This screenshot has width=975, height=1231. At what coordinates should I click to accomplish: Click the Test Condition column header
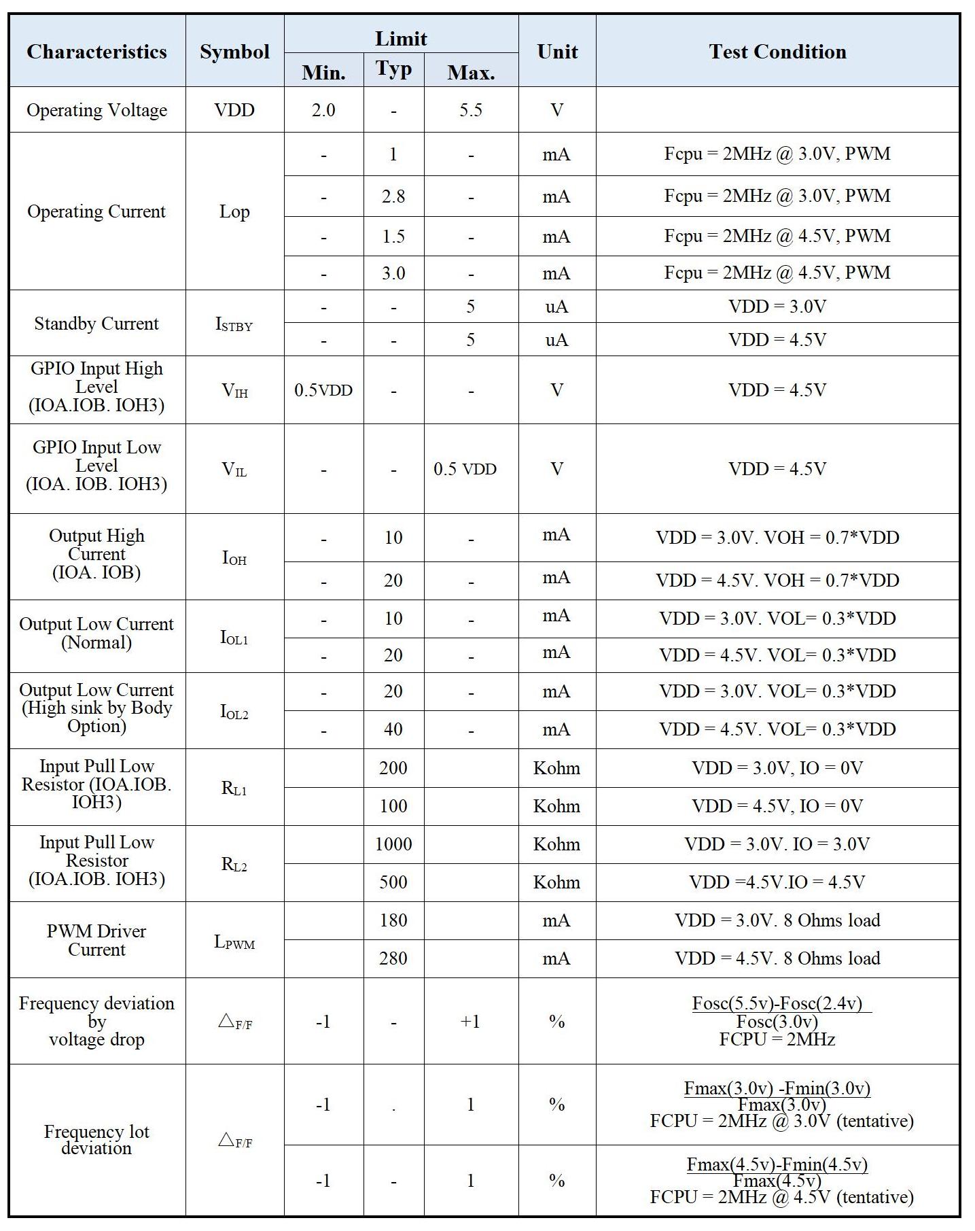pos(777,52)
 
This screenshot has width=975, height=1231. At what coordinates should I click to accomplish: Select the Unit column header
pos(557,52)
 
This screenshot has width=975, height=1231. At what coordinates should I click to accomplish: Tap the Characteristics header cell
pos(96,52)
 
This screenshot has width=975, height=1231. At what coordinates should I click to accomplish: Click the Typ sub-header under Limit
pos(393,69)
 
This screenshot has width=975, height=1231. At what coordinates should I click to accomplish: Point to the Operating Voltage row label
pos(96,110)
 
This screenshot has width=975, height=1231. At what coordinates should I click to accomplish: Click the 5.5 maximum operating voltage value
pos(470,110)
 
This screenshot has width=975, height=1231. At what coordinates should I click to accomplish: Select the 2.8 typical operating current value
pos(393,196)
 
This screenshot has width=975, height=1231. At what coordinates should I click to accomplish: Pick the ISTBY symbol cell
pos(234,324)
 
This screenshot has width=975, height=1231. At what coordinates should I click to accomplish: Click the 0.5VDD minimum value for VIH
pos(323,390)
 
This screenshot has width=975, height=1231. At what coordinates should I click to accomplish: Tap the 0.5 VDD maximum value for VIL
pos(465,469)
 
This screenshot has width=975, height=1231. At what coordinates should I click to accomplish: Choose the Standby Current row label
pos(96,324)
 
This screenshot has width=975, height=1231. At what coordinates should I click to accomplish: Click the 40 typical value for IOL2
pos(393,729)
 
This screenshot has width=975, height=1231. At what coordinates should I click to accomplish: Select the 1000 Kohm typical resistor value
pos(393,844)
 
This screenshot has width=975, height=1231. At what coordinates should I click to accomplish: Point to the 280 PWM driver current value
pos(393,958)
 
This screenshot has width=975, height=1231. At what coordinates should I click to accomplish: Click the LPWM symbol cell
pos(234,942)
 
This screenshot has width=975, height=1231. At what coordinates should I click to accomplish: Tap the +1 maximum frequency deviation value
pos(470,1022)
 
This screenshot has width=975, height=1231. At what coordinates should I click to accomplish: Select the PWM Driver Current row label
pos(96,940)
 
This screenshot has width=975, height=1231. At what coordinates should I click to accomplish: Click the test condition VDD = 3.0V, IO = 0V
pos(777,768)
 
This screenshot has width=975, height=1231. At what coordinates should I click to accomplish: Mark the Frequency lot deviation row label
pos(96,1140)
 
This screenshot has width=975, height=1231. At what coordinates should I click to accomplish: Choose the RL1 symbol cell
pos(234,788)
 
